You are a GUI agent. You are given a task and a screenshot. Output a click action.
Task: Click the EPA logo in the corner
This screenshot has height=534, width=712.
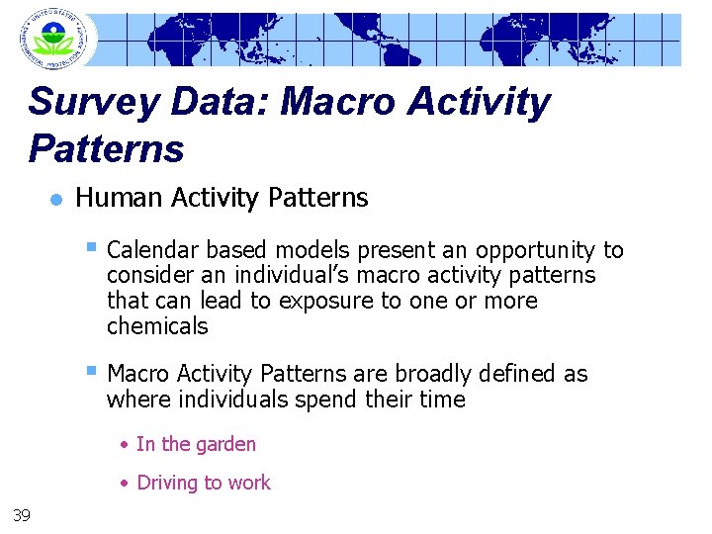point(52,39)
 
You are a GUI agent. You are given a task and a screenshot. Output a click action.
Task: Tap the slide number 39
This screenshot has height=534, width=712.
point(21,513)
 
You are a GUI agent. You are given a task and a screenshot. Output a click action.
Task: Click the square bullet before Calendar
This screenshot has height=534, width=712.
point(91,248)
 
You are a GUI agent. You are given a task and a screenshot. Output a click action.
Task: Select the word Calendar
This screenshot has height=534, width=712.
point(148,251)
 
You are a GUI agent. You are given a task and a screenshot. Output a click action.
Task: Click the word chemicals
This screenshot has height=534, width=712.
point(157,326)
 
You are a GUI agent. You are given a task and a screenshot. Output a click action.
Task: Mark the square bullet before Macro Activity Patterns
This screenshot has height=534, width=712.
point(91,372)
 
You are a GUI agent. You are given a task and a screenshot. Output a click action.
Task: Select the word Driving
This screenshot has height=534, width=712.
point(168,484)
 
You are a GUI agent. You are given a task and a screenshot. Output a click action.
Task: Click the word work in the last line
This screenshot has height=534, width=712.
point(249,484)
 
